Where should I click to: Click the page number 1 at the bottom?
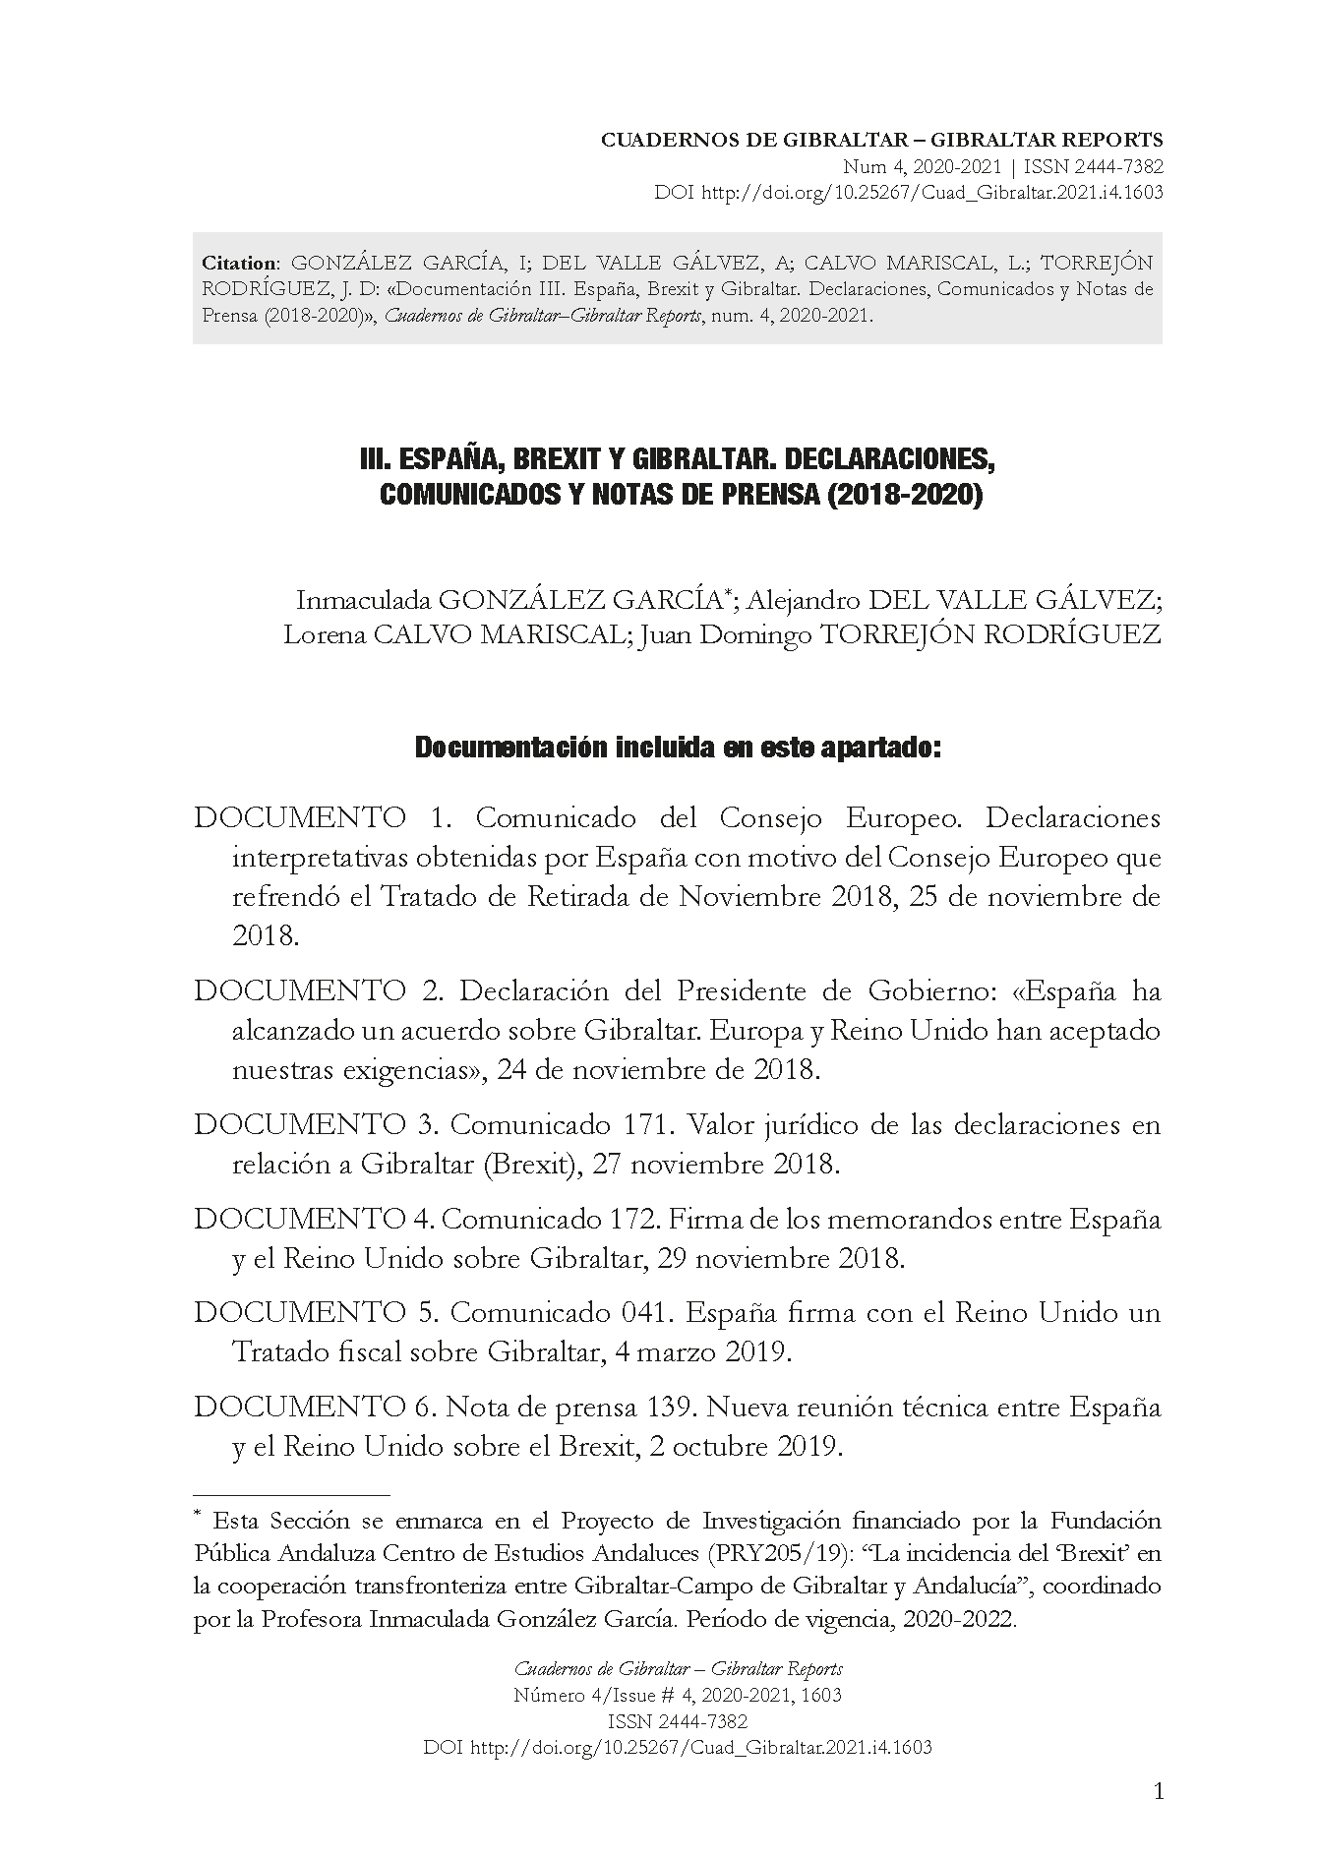click(x=1158, y=1792)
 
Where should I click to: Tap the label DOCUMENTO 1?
click(x=318, y=817)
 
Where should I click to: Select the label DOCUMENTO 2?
click(x=318, y=990)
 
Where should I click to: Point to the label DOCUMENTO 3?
click(x=318, y=1124)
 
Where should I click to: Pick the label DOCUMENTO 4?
click(x=314, y=1219)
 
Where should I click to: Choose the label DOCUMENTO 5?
click(x=318, y=1312)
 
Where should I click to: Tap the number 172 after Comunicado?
click(x=629, y=1219)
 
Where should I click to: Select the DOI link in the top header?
click(x=930, y=193)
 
